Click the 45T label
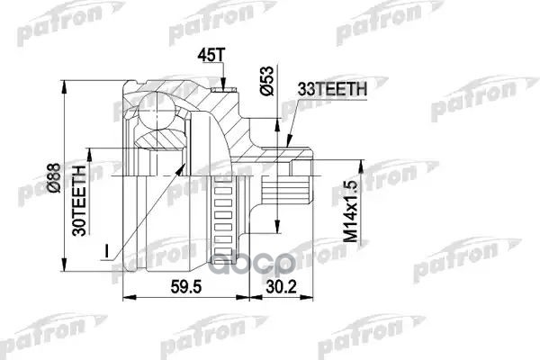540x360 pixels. pyautogui.click(x=211, y=56)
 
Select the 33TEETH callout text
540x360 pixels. pyautogui.click(x=332, y=89)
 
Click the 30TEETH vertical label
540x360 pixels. pyautogui.click(x=79, y=201)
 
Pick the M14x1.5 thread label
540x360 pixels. pyautogui.click(x=351, y=211)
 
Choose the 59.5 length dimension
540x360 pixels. pyautogui.click(x=186, y=286)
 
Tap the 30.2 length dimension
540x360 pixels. pyautogui.click(x=281, y=286)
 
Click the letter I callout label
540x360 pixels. pyautogui.click(x=106, y=251)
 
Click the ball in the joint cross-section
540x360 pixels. pyautogui.click(x=157, y=109)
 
